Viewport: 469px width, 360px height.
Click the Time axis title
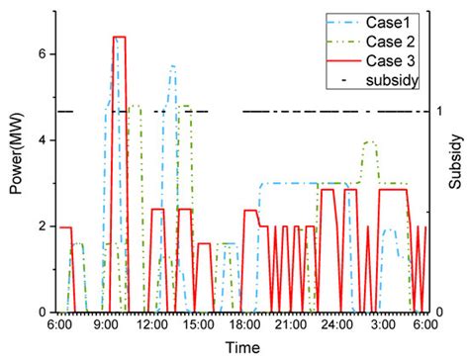coord(241,346)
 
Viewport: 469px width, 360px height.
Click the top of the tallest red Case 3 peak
coord(119,37)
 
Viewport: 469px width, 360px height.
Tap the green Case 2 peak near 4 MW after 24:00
coord(370,142)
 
